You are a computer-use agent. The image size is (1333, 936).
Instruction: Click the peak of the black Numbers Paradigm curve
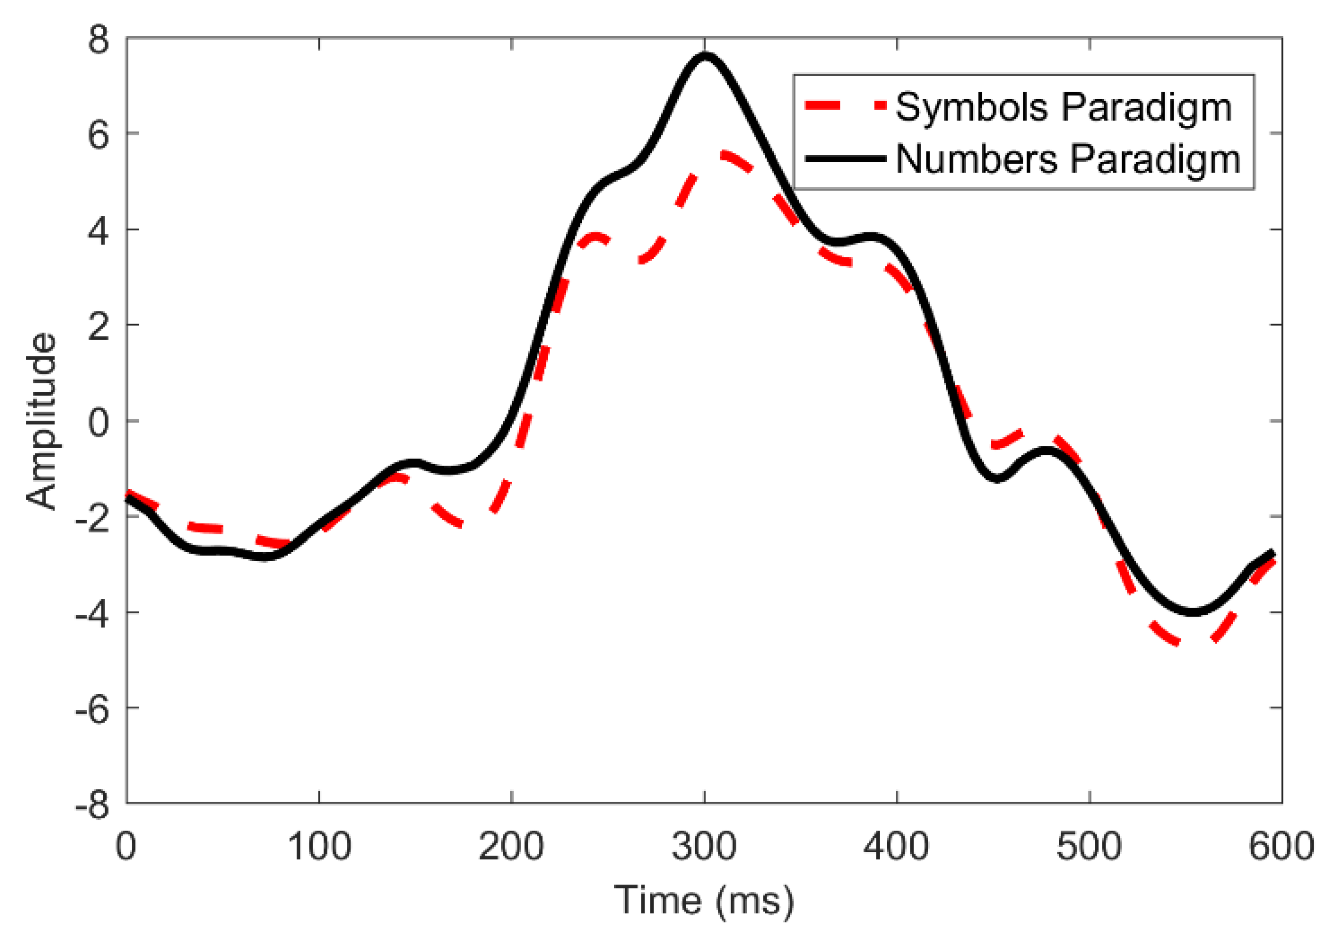[x=705, y=56]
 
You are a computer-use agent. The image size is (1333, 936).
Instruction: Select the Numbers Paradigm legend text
[x=1068, y=159]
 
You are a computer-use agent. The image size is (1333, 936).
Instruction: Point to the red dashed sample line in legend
[x=845, y=106]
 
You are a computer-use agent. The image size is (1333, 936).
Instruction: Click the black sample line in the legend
[x=845, y=159]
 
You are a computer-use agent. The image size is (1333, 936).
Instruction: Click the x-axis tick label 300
[x=704, y=847]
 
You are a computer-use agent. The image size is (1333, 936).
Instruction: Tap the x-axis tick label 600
[x=1281, y=847]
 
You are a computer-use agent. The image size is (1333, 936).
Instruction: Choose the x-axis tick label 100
[x=319, y=847]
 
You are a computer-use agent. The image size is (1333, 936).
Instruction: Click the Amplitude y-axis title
[x=42, y=421]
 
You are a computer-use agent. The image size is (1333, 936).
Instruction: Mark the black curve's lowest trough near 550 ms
[x=1192, y=611]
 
